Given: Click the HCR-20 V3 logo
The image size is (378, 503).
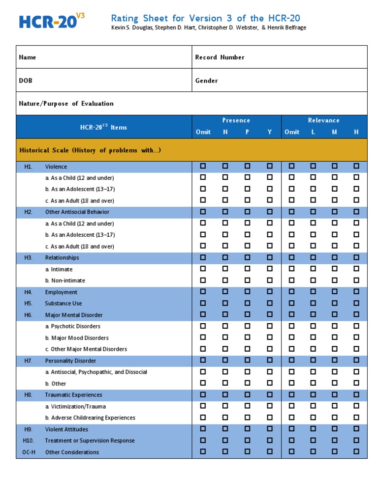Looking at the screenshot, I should [x=52, y=21].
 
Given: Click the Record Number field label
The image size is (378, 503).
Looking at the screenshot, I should [x=220, y=57].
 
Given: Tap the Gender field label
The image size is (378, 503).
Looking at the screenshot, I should [x=206, y=81].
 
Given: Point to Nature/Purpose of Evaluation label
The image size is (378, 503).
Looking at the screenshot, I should [x=66, y=104].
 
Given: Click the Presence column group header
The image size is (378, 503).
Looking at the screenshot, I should [x=236, y=120].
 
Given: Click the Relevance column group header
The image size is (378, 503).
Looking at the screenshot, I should [x=323, y=120].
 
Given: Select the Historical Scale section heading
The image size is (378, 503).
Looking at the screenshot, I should [x=90, y=150].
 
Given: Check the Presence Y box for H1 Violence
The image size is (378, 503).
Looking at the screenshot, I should [x=270, y=167].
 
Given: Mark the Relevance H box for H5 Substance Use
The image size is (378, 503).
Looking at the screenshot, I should [x=356, y=303].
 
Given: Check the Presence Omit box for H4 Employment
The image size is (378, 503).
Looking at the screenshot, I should [x=203, y=292].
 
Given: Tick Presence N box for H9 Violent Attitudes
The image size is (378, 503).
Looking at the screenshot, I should [x=225, y=429].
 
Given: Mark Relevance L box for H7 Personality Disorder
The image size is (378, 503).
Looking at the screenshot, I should [x=313, y=361].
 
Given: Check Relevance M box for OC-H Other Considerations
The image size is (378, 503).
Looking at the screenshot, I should [x=335, y=451].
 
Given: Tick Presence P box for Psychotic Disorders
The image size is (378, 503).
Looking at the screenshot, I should [x=247, y=326].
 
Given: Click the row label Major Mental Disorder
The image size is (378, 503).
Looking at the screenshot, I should [x=74, y=315].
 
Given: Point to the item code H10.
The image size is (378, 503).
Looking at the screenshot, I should [x=28, y=441].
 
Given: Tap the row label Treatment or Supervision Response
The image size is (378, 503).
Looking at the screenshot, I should [x=90, y=441].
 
